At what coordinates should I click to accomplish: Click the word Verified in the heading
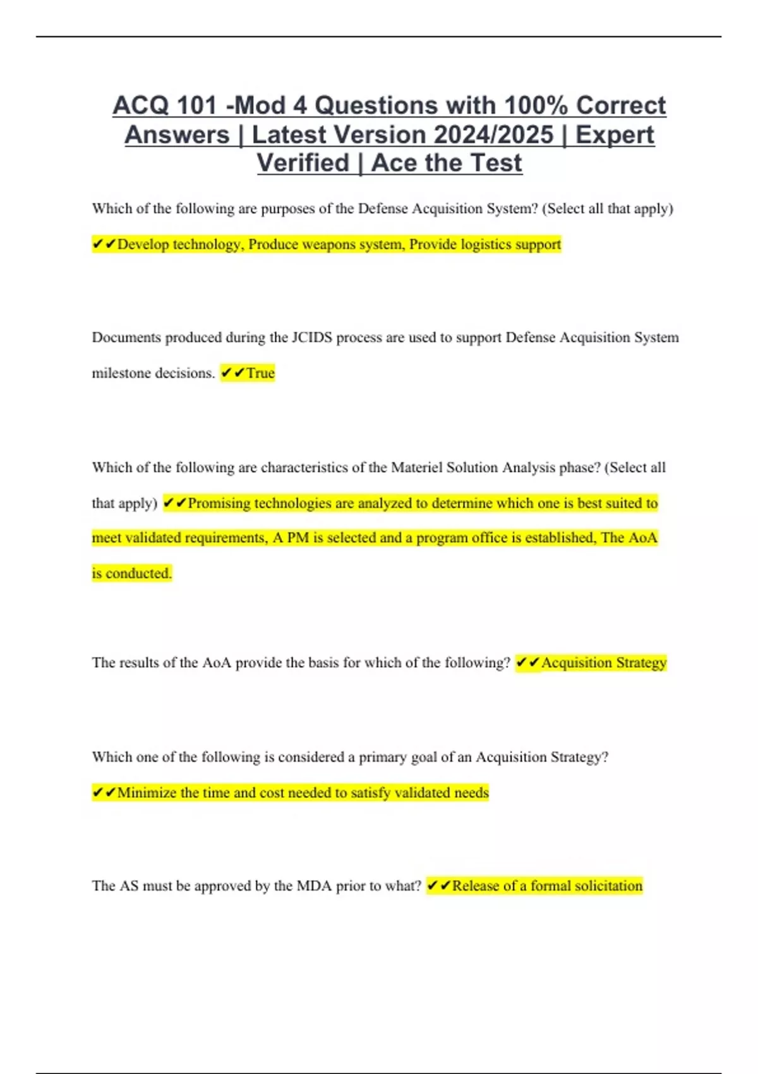coord(303,163)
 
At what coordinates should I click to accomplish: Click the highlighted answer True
coord(260,373)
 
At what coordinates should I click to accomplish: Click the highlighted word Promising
coord(219,504)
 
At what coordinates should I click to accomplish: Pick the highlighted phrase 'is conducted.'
coord(131,574)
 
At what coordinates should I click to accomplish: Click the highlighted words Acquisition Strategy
coord(604,663)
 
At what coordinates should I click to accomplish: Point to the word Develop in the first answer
coord(143,244)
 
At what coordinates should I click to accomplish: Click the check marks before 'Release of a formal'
coord(438,886)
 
